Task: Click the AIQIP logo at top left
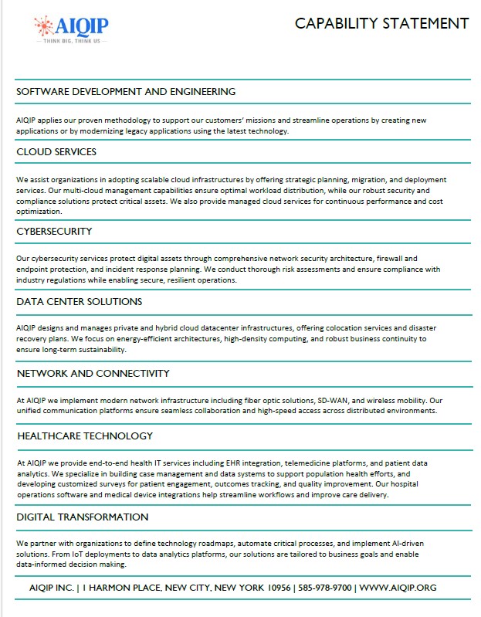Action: pyautogui.click(x=72, y=27)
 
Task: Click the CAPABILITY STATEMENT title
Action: pyautogui.click(x=381, y=24)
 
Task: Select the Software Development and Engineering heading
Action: pyautogui.click(x=126, y=92)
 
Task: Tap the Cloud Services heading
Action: pyautogui.click(x=56, y=152)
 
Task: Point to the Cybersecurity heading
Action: pyautogui.click(x=54, y=231)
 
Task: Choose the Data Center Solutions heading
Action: pyautogui.click(x=79, y=302)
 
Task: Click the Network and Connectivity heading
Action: pyautogui.click(x=93, y=374)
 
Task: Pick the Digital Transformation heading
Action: pyautogui.click(x=82, y=517)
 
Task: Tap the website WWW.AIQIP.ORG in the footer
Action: pyautogui.click(x=398, y=588)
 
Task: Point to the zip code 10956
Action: pyautogui.click(x=275, y=588)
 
